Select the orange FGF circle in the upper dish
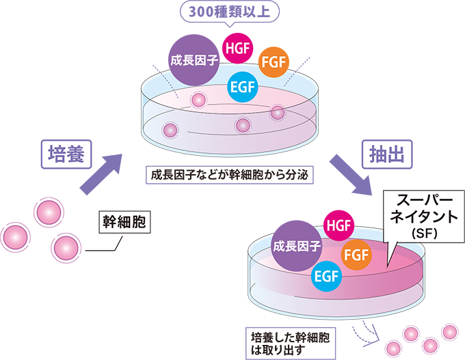tap(274, 64)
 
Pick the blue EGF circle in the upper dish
tap(241, 87)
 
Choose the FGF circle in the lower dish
tap(356, 255)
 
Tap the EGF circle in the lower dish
tap(325, 275)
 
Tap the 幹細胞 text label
tap(124, 223)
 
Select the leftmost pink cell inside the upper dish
tap(169, 128)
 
